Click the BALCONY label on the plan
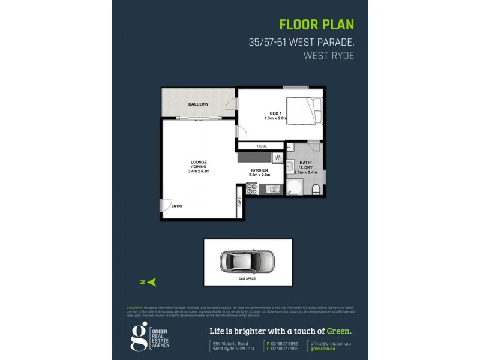coord(199,104)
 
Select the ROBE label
coord(262,146)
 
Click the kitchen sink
coord(272,190)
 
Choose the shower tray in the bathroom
coord(295,187)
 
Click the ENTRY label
coord(177,206)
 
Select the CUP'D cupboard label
coord(239,200)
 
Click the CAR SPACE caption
coord(247,279)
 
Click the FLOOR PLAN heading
coord(317,25)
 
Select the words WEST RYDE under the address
coord(329,55)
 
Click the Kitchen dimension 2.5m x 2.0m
coord(260,175)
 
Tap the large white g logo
coord(139,337)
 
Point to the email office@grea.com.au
coord(332,343)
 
